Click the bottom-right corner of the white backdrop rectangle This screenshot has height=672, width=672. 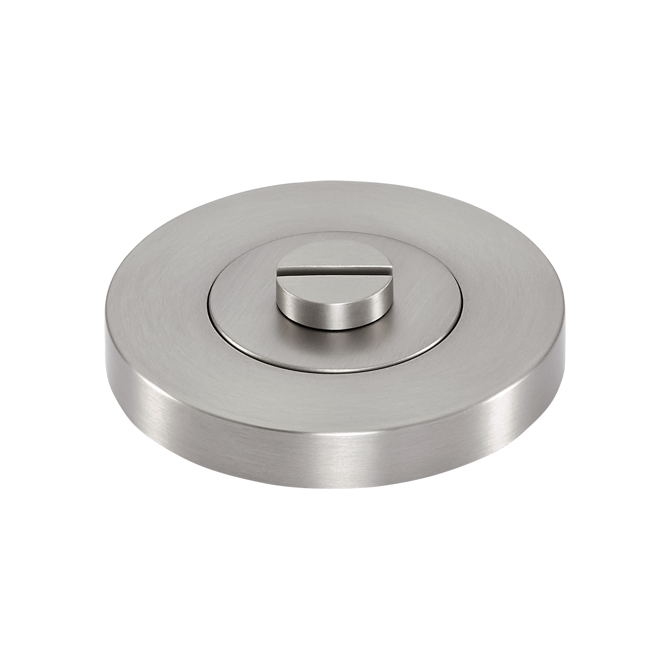566,488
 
